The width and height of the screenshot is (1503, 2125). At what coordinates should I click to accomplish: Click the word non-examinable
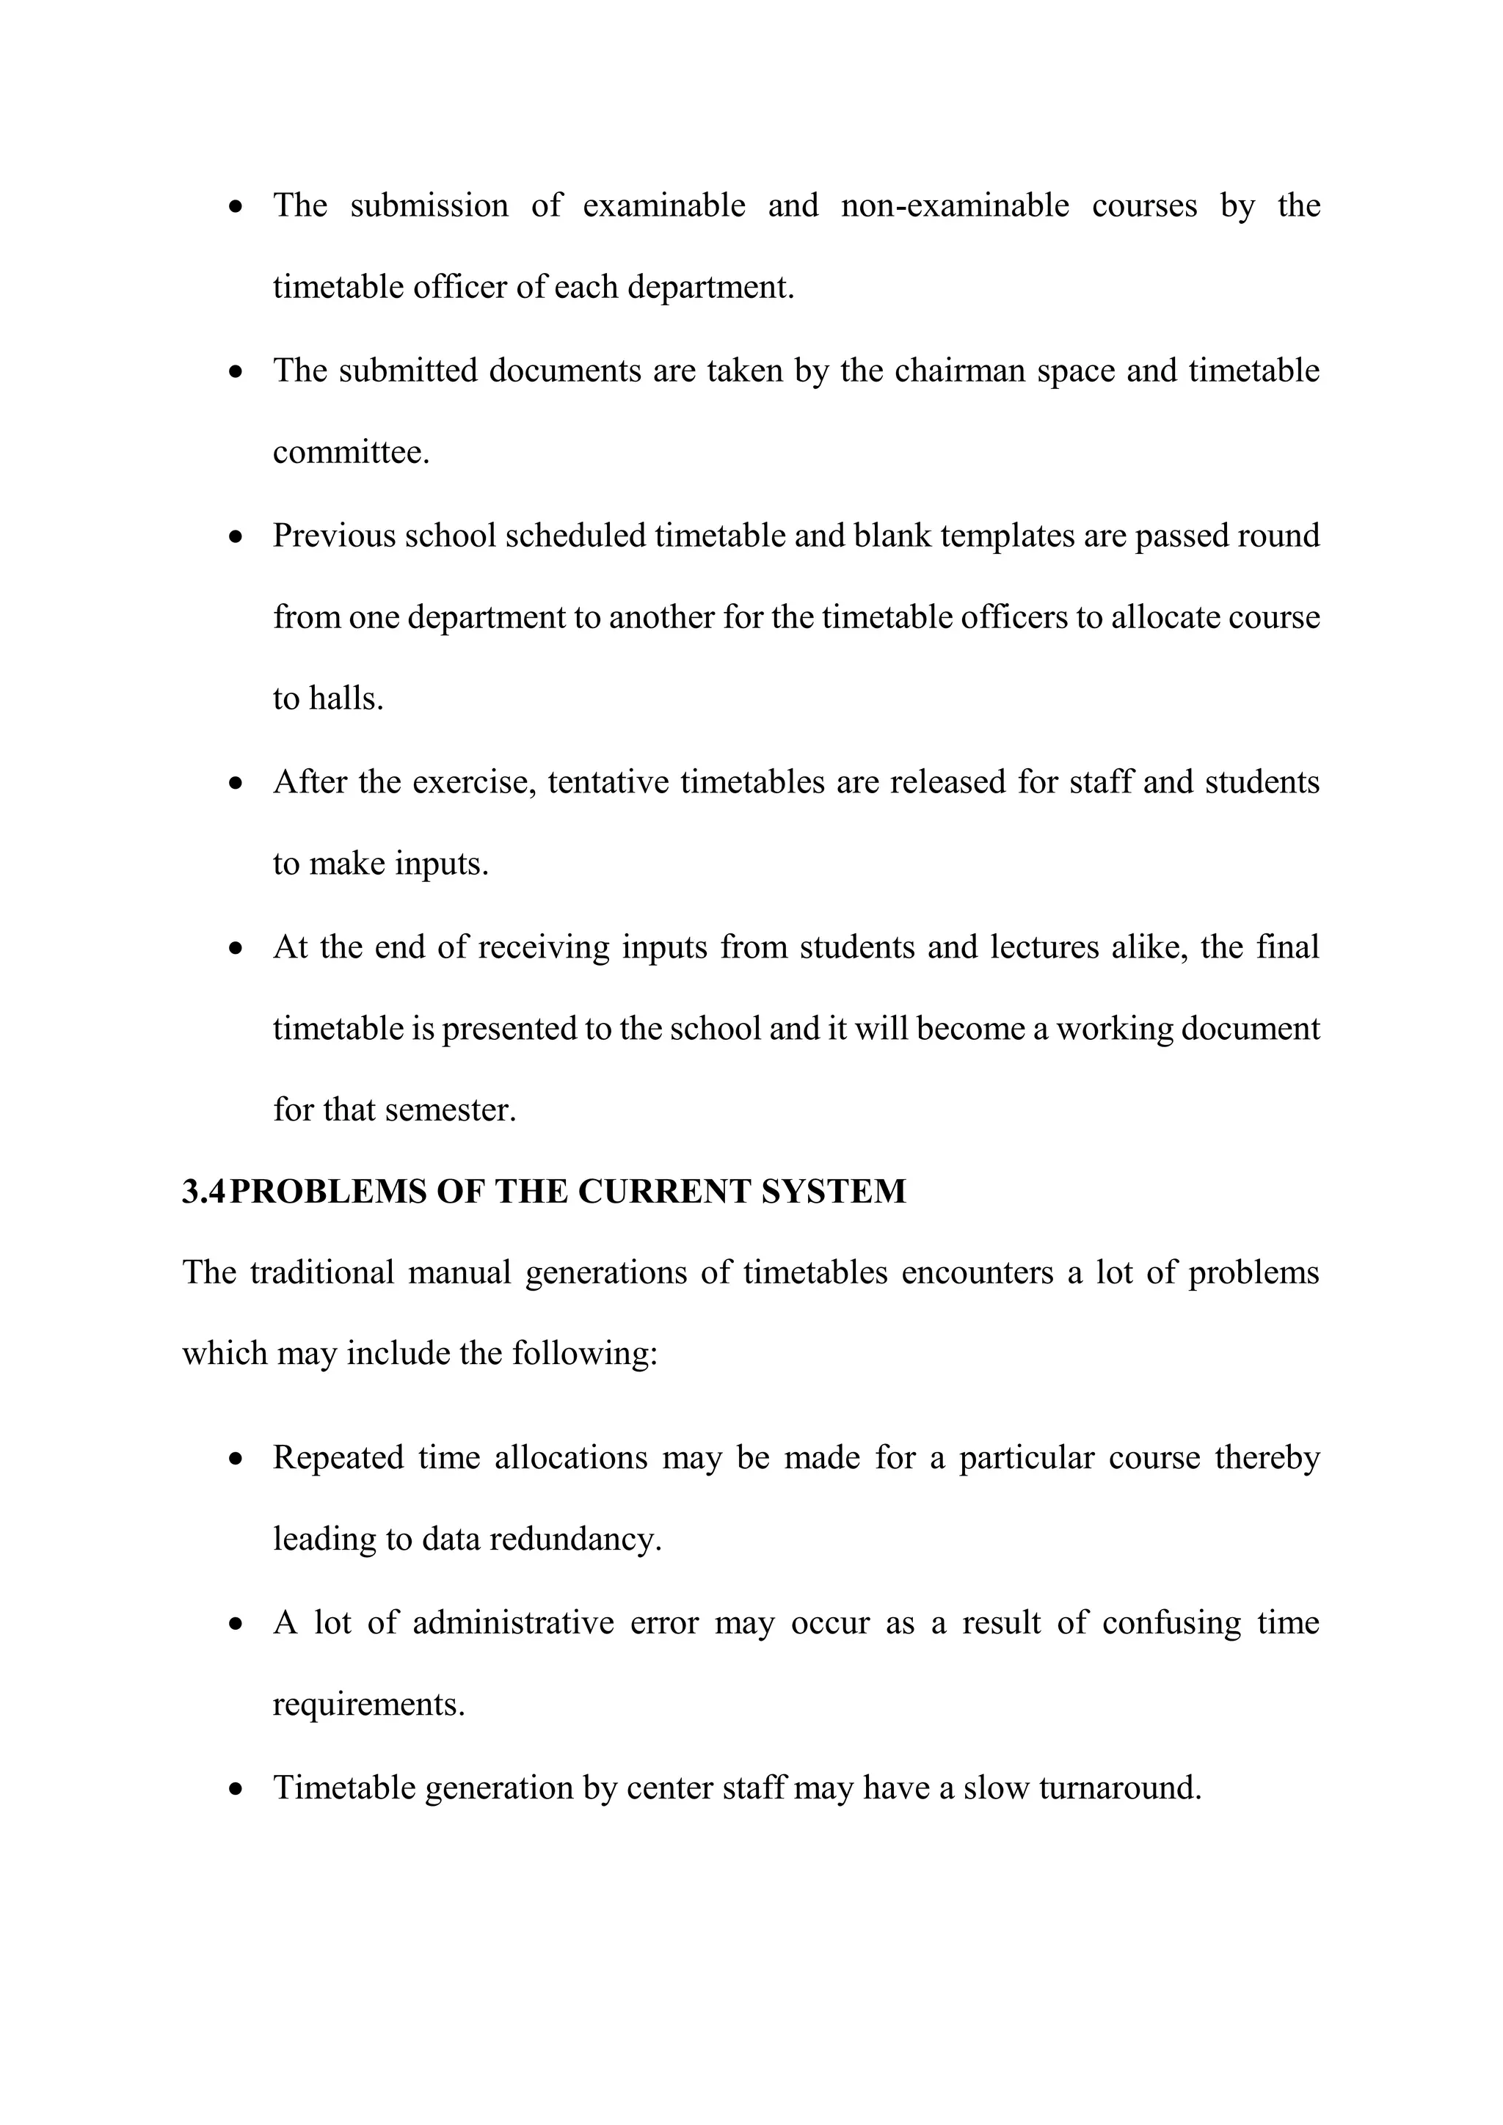click(954, 205)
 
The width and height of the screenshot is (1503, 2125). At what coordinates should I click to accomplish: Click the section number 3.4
click(203, 1191)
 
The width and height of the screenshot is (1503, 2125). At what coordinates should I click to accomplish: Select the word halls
click(345, 699)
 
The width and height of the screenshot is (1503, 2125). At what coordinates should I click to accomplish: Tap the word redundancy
click(575, 1539)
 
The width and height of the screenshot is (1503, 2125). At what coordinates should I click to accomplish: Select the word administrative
click(513, 1622)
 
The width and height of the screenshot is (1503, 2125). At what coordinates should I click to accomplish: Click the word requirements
click(368, 1704)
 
